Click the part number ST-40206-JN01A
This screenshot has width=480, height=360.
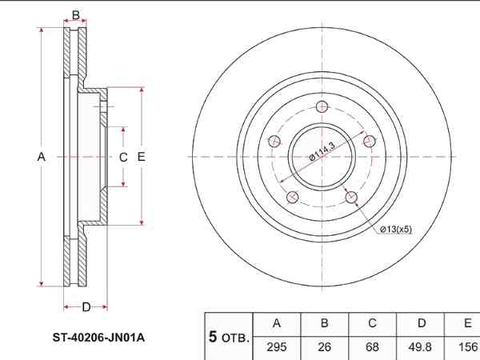point(98,338)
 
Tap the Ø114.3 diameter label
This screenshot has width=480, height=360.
point(322,151)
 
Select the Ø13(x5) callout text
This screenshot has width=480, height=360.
point(396,229)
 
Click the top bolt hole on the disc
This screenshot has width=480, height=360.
point(322,107)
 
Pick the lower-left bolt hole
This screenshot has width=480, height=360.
point(292,197)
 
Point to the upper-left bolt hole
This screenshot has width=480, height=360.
point(274,141)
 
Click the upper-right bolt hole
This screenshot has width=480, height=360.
point(370,141)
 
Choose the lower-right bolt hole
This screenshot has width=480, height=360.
point(351,197)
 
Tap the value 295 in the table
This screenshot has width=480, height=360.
point(277,347)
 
